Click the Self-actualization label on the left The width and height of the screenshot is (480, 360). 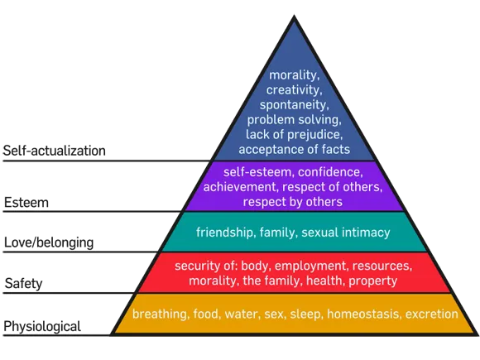(54, 151)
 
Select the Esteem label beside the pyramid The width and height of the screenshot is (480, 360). (26, 203)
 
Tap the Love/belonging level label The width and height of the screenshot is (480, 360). (49, 242)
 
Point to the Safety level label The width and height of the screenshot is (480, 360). (23, 284)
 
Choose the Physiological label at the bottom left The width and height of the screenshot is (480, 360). (42, 326)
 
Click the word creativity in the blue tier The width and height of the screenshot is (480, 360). (294, 90)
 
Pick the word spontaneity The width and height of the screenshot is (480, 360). (294, 105)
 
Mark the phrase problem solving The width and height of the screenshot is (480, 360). (294, 120)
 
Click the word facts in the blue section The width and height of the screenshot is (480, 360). (335, 150)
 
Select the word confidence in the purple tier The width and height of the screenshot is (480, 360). (330, 172)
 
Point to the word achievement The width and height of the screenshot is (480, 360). (240, 187)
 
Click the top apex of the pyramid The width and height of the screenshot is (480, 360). (294, 15)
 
